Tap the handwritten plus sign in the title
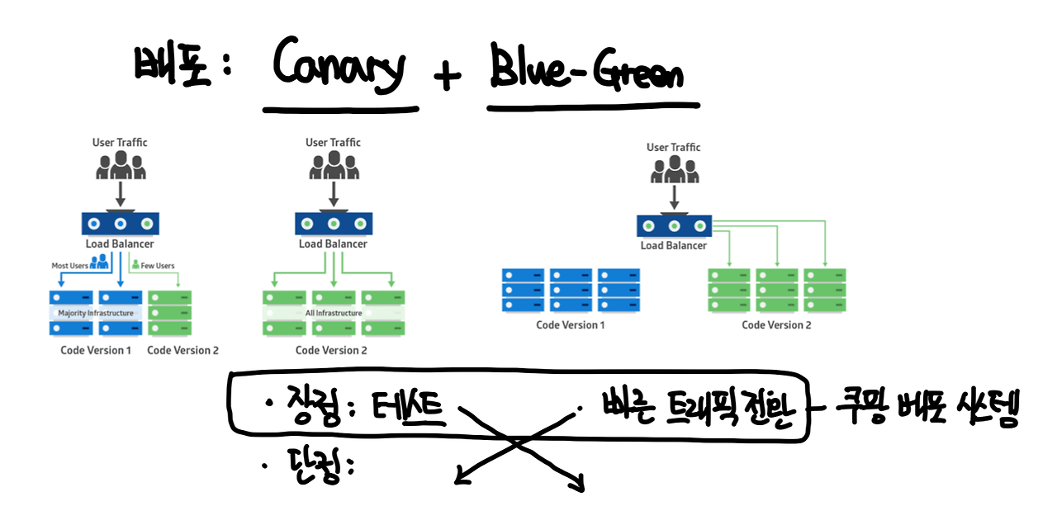[x=447, y=77]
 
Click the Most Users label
[x=70, y=266]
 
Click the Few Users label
[x=158, y=266]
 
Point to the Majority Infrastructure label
[x=95, y=314]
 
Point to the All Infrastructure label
[x=334, y=314]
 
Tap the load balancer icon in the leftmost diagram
[x=120, y=224]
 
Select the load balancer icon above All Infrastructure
[x=333, y=224]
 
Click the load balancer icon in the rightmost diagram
[x=674, y=225]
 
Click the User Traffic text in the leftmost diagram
[x=120, y=143]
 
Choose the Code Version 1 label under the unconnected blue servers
[x=570, y=325]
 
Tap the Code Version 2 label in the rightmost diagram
[x=776, y=325]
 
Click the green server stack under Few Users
[x=169, y=313]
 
